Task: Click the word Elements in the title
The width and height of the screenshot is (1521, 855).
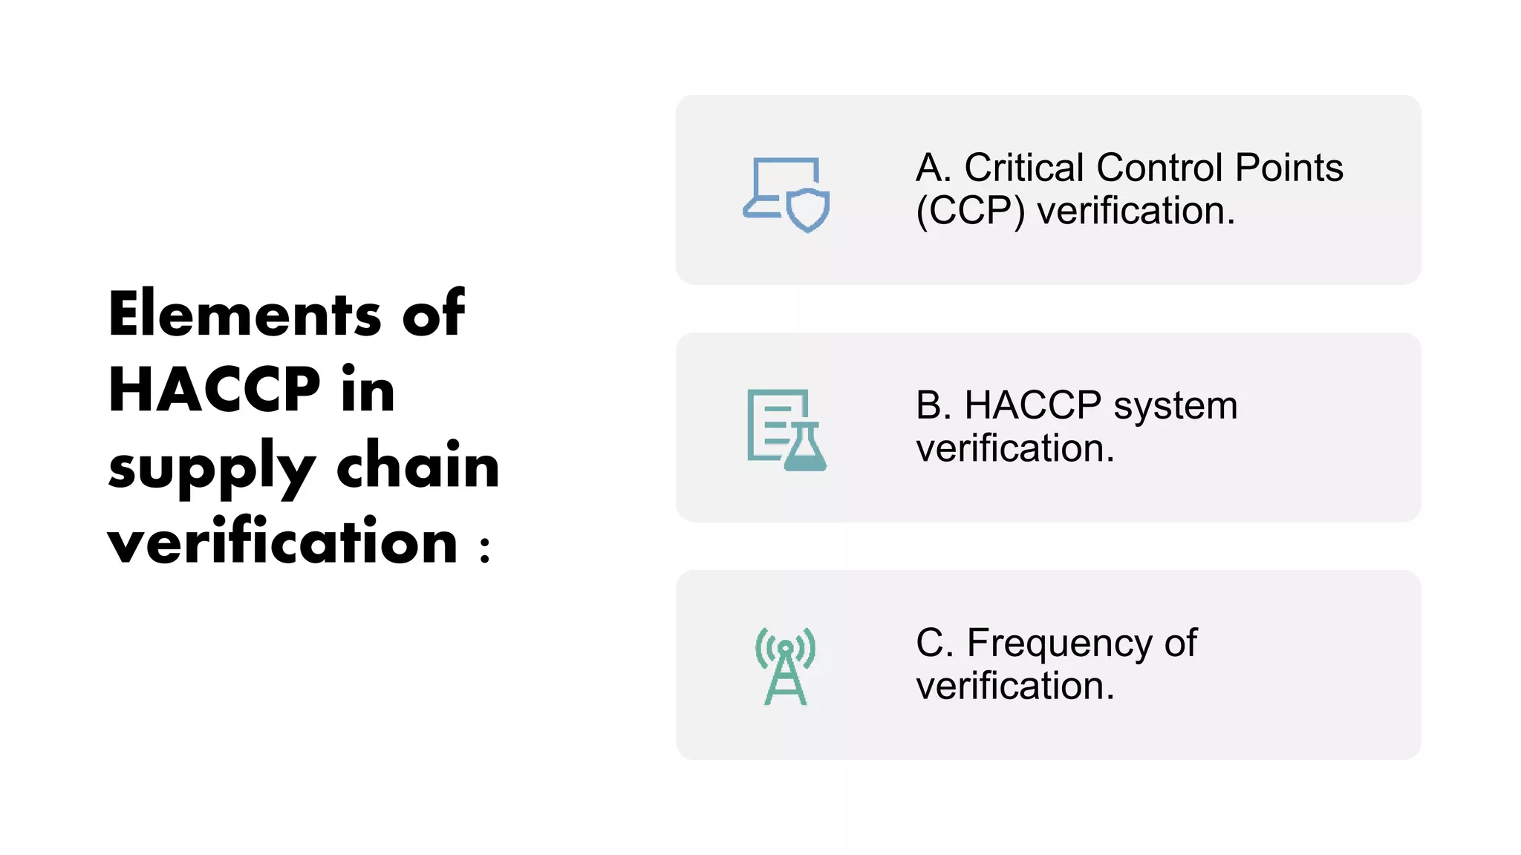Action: [x=245, y=315]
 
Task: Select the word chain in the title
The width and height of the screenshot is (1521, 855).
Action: [x=418, y=466]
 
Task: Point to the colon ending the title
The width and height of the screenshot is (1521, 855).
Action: [x=485, y=549]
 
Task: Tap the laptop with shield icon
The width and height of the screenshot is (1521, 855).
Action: [x=786, y=194]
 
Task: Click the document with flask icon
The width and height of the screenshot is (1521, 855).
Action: [x=786, y=430]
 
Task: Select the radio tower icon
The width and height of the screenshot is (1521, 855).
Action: [x=785, y=666]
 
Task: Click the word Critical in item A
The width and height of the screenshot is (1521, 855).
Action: [x=1024, y=168]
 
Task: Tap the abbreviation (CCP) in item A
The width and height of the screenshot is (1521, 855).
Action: [x=970, y=212]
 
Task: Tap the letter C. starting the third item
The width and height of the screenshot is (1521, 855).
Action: [x=934, y=643]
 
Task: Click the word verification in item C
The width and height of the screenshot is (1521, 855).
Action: [x=1014, y=686]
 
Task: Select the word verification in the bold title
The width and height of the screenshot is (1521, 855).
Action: [x=282, y=542]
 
